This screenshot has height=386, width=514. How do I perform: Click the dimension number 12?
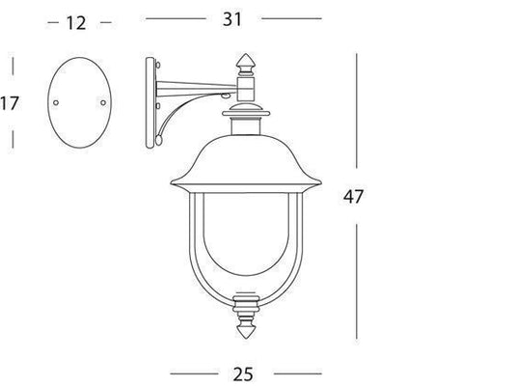pyautogui.click(x=76, y=23)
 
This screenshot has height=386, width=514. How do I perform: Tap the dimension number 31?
pyautogui.click(x=232, y=19)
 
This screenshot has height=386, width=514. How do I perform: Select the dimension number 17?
pyautogui.click(x=10, y=103)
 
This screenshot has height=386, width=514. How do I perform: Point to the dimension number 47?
pyautogui.click(x=353, y=197)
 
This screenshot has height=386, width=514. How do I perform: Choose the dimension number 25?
pyautogui.click(x=243, y=374)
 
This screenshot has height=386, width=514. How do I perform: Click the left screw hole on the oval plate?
pyautogui.click(x=56, y=102)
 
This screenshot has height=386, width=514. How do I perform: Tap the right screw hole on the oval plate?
pyautogui.click(x=103, y=102)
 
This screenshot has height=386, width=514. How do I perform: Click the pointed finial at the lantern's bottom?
pyautogui.click(x=246, y=331)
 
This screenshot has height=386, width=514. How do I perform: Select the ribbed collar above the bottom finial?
pyautogui.click(x=246, y=304)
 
